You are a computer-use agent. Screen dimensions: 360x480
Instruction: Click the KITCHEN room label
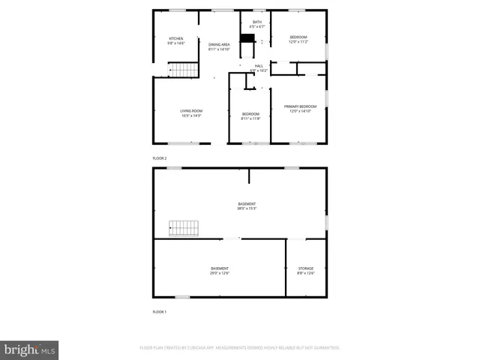(x=175, y=38)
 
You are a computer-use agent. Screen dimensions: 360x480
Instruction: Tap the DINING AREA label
(x=219, y=44)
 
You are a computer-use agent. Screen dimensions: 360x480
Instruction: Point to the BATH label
(x=257, y=22)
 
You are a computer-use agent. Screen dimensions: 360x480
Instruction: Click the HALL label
(x=259, y=66)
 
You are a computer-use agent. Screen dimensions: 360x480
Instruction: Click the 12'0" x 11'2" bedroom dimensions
(x=298, y=41)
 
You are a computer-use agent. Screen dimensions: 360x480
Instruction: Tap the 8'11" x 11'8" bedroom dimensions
(x=250, y=118)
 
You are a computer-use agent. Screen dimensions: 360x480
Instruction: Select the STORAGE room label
(x=306, y=268)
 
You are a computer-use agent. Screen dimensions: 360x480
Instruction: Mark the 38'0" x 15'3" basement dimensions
(x=247, y=208)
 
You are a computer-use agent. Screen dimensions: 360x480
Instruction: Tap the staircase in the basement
(x=183, y=228)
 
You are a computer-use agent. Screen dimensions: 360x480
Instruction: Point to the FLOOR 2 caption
(x=160, y=158)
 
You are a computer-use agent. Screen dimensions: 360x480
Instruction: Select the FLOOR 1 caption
(x=160, y=311)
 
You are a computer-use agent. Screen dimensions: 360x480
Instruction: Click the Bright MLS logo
(x=29, y=350)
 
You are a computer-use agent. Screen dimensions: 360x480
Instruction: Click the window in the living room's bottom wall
(x=178, y=143)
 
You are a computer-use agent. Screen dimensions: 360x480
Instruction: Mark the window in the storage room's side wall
(x=327, y=223)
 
